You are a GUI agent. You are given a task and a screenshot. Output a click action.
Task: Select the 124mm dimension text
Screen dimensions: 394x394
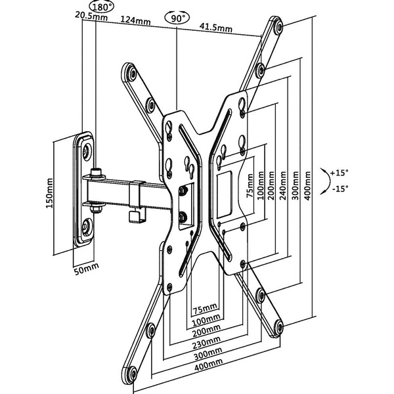136,21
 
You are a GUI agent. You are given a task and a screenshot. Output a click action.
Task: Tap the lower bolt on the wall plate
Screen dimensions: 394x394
86,229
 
